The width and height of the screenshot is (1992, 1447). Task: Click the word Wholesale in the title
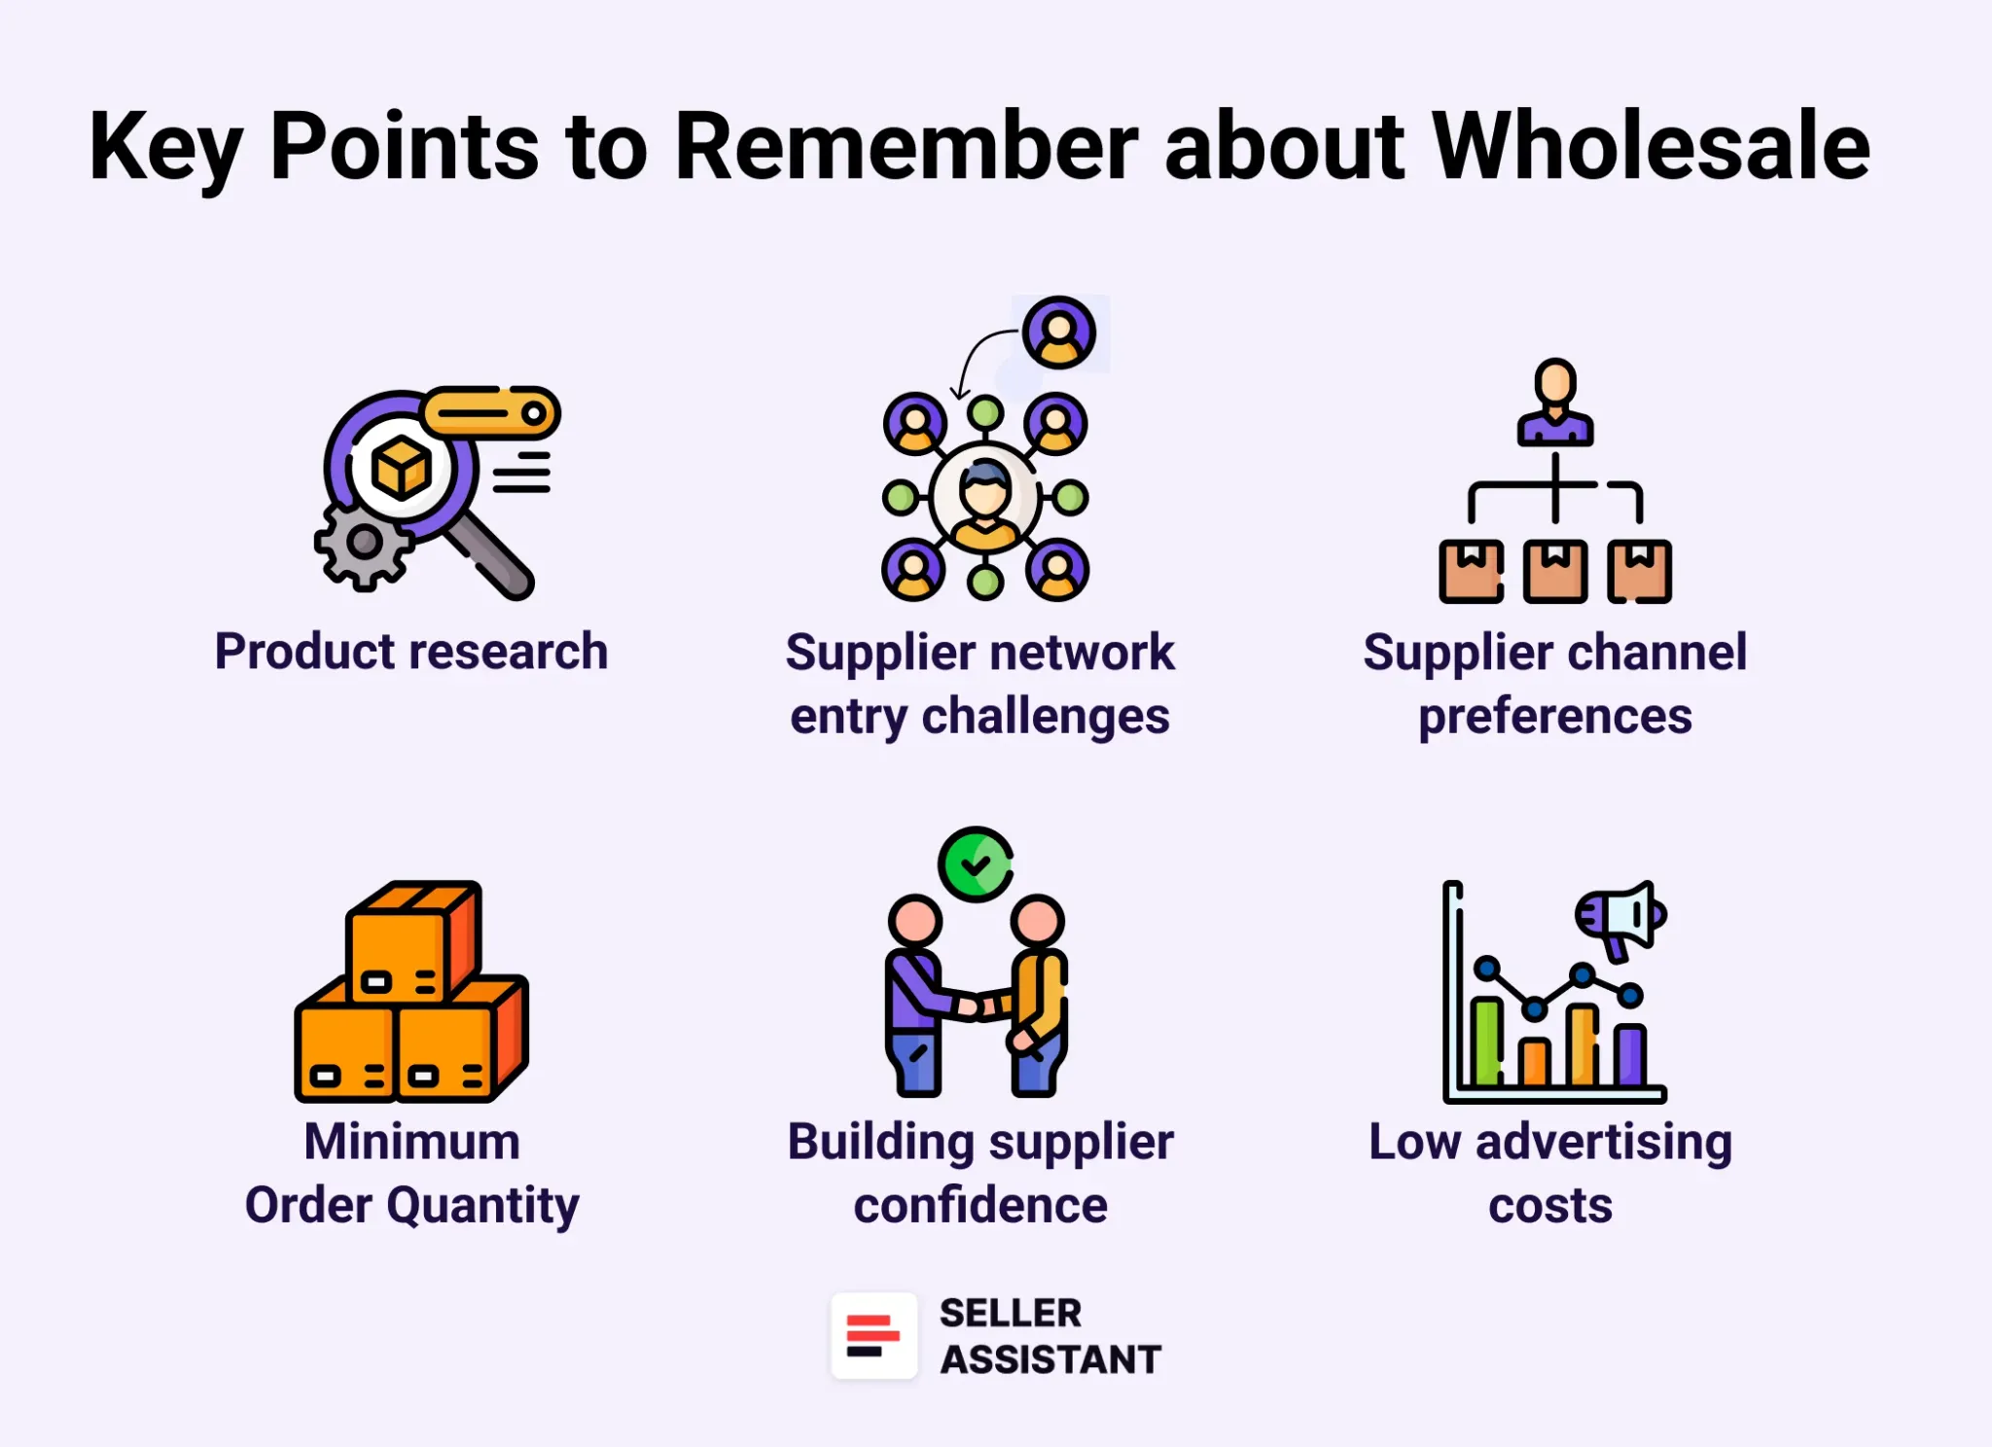tap(1651, 146)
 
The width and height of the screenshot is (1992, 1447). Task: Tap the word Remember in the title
tap(906, 146)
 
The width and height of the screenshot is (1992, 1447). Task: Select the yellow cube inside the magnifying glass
tap(401, 468)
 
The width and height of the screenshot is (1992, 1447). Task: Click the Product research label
tap(411, 652)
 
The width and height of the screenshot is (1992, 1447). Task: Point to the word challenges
tap(1045, 718)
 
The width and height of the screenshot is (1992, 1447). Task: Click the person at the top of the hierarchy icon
tap(1554, 402)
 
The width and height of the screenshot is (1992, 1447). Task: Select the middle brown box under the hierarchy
tap(1554, 572)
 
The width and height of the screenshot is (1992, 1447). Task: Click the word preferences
tap(1554, 718)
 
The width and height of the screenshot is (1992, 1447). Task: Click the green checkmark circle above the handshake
tap(976, 865)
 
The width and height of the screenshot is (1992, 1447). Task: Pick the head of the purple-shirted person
tap(914, 920)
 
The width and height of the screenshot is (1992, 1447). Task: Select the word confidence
tap(980, 1207)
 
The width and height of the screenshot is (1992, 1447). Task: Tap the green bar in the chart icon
tap(1485, 1041)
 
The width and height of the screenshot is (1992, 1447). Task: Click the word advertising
tap(1603, 1143)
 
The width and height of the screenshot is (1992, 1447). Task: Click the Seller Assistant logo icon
tap(873, 1336)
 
